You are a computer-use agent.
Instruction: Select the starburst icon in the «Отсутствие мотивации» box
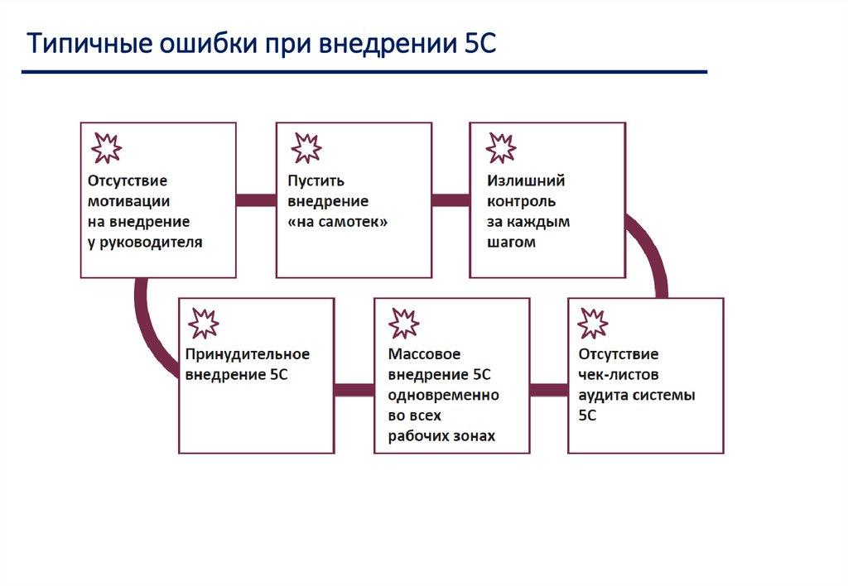point(106,147)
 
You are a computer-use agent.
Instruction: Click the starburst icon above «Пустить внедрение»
point(306,147)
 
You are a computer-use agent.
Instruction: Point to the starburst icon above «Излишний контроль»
point(500,147)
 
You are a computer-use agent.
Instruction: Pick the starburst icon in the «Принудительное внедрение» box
point(203,323)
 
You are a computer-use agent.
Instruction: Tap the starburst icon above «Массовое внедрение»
point(404,323)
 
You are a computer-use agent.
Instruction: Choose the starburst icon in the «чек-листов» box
point(593,323)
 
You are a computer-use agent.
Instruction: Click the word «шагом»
point(512,243)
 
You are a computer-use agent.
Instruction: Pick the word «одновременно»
point(443,396)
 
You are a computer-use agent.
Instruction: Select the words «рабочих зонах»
point(441,436)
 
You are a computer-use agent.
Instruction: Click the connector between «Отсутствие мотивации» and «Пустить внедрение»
point(256,200)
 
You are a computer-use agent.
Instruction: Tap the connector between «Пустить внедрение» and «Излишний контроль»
point(450,200)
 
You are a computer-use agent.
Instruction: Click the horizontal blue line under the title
point(364,73)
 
